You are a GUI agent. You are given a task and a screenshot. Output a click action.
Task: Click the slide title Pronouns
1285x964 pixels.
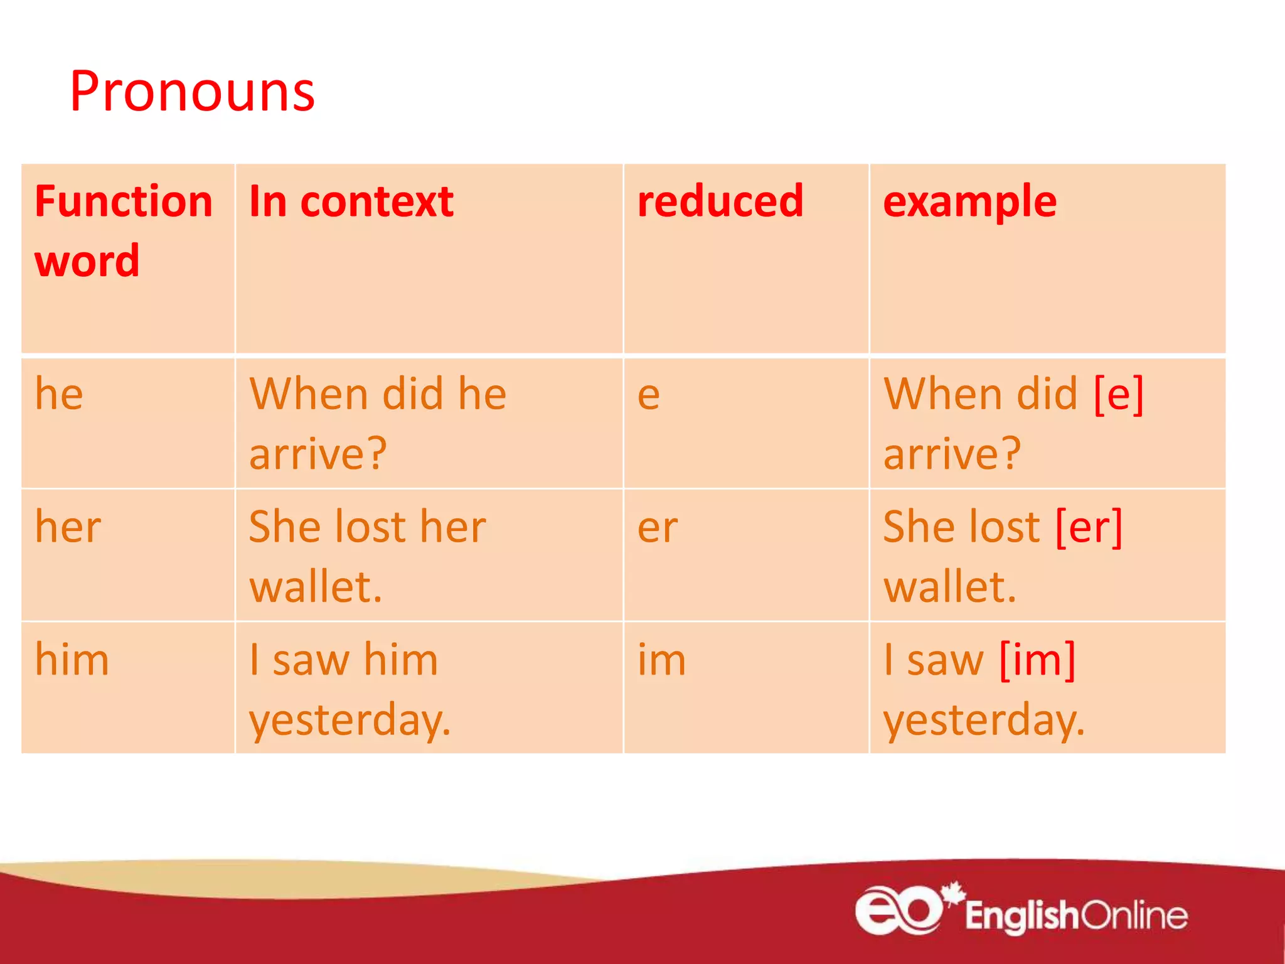click(192, 92)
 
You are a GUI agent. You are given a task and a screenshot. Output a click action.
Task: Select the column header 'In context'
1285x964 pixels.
click(351, 202)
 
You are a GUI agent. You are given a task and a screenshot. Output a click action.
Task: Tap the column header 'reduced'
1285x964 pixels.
click(720, 201)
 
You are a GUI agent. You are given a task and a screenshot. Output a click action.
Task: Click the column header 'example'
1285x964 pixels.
click(969, 202)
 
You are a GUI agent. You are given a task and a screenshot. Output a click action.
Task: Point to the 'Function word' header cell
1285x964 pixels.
click(123, 231)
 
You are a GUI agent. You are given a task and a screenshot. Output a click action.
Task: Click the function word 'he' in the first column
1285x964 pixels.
click(59, 394)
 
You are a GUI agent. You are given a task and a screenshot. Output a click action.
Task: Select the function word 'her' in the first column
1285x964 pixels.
click(68, 527)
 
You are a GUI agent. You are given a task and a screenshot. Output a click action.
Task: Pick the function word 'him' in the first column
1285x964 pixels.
click(72, 660)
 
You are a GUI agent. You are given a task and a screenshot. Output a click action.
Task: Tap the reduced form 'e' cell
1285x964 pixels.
click(649, 395)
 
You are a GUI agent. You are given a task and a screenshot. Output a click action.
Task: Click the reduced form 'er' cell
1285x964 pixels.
click(658, 528)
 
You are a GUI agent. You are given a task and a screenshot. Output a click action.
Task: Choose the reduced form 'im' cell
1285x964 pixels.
click(662, 660)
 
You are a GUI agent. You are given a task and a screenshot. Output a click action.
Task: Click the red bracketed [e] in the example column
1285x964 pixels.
click(1119, 394)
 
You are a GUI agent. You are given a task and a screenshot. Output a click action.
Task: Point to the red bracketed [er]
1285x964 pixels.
click(1089, 527)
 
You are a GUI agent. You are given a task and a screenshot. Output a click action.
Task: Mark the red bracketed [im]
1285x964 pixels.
click(1037, 660)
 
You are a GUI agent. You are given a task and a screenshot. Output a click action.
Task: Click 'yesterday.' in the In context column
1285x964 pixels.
click(350, 719)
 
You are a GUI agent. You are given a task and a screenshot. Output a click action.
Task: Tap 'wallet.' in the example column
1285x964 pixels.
click(949, 586)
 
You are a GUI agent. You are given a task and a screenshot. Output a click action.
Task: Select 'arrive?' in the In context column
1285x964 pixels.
click(319, 453)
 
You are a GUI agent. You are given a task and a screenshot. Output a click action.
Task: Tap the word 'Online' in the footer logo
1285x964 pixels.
click(1134, 915)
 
